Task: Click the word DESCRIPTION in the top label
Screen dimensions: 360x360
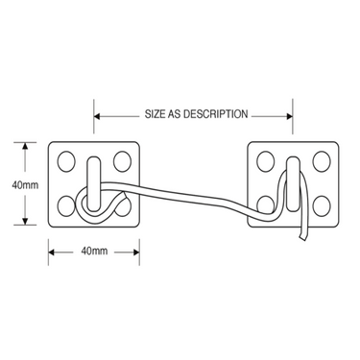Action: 215,114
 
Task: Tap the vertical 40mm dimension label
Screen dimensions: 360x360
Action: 25,184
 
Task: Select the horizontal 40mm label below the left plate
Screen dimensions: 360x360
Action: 94,252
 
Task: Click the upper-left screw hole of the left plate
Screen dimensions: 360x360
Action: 66,161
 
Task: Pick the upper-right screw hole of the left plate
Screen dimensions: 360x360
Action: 123,161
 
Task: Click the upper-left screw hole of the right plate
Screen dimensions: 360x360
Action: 266,161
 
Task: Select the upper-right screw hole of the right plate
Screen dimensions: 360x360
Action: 322,161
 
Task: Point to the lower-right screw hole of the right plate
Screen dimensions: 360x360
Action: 322,205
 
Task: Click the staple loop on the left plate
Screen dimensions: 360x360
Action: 94,183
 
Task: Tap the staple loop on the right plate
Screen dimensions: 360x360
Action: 293,183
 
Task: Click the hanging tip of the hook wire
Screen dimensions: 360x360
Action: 302,238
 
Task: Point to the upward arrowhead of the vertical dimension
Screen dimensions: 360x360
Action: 25,146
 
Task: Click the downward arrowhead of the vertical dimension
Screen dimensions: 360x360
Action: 25,221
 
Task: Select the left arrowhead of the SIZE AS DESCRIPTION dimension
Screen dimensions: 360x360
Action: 98,116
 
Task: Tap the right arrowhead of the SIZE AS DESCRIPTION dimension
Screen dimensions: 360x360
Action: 288,116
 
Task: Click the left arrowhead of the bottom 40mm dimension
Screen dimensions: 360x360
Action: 53,252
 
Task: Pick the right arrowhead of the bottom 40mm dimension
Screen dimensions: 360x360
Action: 135,252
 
